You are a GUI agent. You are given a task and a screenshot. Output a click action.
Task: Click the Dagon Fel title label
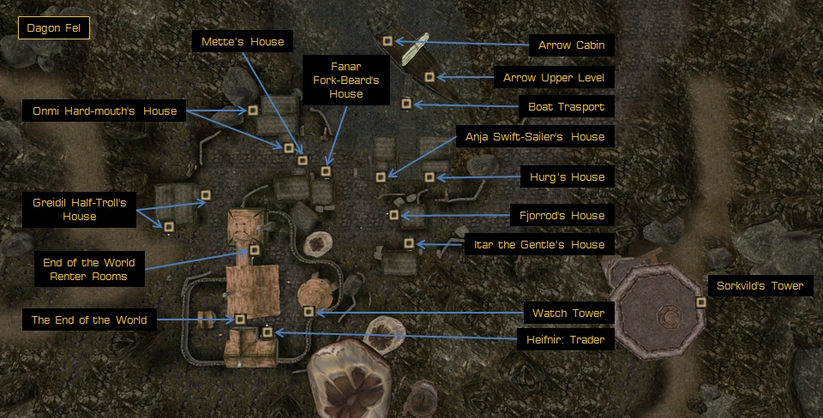53,29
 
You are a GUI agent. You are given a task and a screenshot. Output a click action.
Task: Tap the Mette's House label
243,42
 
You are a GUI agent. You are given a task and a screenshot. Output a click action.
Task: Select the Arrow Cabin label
571,45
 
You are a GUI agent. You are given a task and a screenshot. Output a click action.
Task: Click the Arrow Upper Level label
554,78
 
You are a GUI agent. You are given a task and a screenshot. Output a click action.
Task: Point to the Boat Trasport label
567,107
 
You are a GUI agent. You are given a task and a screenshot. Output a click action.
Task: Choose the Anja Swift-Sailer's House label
535,137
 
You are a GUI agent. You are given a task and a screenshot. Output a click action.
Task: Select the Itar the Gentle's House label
539,245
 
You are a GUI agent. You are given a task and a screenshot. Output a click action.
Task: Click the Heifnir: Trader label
564,340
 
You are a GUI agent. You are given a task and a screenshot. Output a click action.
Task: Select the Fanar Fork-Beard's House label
346,81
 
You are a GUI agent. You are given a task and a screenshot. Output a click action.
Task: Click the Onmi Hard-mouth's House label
105,111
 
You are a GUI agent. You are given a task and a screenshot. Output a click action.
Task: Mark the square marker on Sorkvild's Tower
701,302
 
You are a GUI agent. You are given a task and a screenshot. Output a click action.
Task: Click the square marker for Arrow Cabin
387,40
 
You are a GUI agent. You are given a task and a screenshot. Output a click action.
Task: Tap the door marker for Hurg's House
430,176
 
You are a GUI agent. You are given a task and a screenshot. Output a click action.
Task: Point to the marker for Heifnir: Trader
267,331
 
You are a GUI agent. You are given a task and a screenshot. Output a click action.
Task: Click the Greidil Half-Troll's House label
80,210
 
